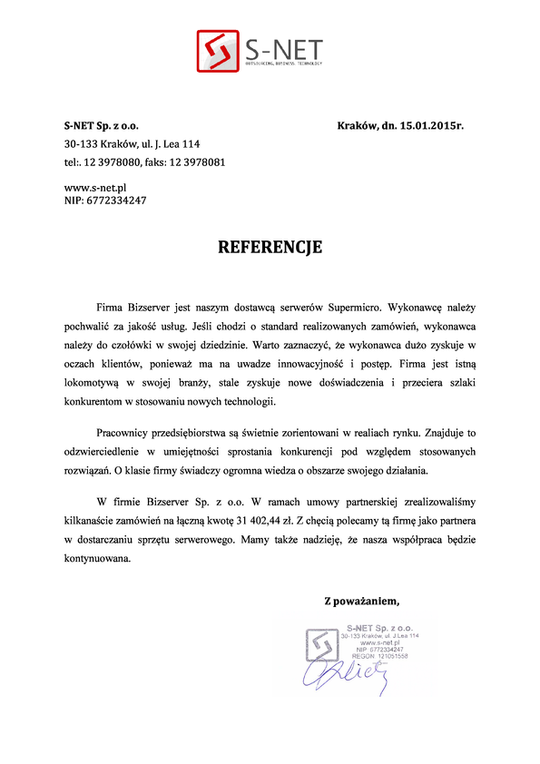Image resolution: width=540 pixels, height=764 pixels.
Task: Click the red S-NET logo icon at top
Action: [x=218, y=52]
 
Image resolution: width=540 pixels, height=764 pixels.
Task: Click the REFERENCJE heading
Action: [x=270, y=247]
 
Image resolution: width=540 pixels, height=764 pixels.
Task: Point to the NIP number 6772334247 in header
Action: [x=113, y=200]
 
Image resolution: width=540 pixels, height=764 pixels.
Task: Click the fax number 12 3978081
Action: [x=197, y=162]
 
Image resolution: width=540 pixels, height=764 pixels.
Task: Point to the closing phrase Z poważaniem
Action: [x=362, y=600]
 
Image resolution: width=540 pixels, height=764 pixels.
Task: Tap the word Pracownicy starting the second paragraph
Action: [x=124, y=432]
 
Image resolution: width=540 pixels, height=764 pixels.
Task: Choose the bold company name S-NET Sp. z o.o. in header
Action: [x=102, y=125]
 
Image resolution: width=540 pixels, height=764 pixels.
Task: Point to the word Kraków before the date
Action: [x=357, y=125]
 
